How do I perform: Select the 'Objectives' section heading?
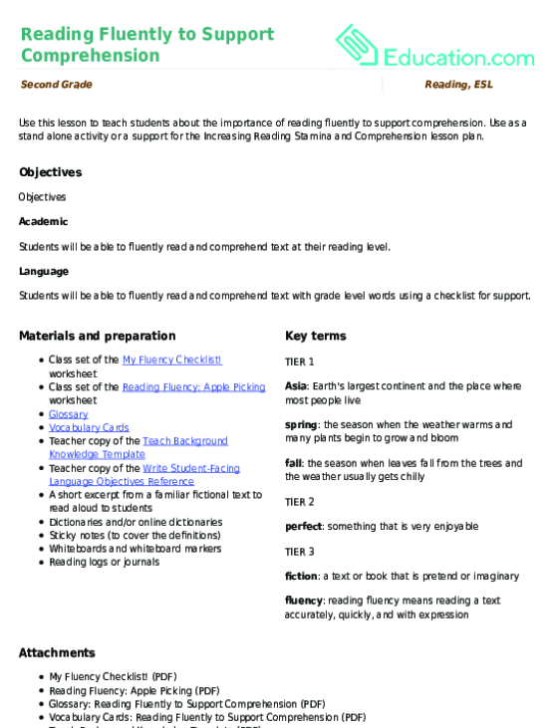pyautogui.click(x=50, y=172)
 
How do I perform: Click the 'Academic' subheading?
pyautogui.click(x=44, y=221)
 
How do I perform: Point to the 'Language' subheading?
pyautogui.click(x=44, y=271)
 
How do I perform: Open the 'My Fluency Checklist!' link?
pyautogui.click(x=171, y=360)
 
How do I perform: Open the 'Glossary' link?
pyautogui.click(x=69, y=413)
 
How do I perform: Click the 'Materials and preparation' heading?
pyautogui.click(x=98, y=336)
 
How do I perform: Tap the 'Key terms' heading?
pyautogui.click(x=314, y=336)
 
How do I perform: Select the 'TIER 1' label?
pyautogui.click(x=299, y=362)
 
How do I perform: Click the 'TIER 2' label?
pyautogui.click(x=299, y=501)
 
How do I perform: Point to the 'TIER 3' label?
pyautogui.click(x=299, y=551)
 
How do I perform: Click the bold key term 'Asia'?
pyautogui.click(x=295, y=385)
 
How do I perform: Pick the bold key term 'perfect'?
pyautogui.click(x=303, y=526)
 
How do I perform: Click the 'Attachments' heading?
pyautogui.click(x=58, y=652)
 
